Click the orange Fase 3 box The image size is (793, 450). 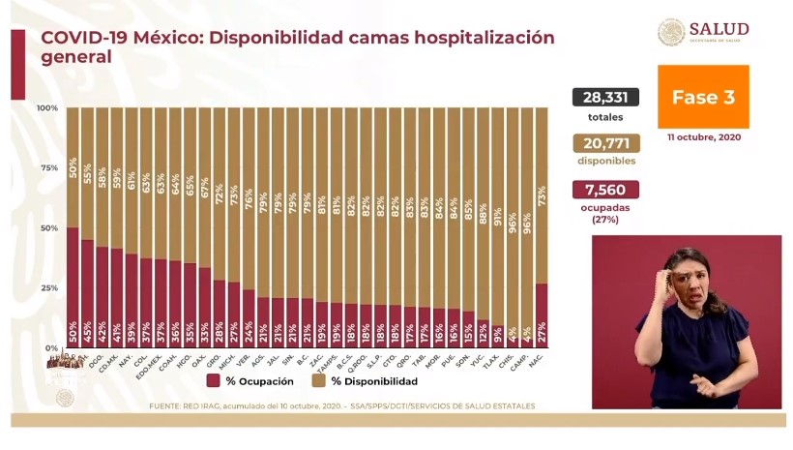click(703, 98)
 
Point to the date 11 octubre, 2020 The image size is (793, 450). click(703, 138)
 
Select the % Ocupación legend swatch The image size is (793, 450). click(214, 381)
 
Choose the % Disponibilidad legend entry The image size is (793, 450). click(367, 381)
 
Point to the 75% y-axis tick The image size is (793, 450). click(48, 167)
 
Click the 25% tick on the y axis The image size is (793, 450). click(48, 287)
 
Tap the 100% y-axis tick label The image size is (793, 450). click(46, 107)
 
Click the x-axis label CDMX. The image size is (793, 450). click(116, 362)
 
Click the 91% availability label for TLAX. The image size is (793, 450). click(497, 215)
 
